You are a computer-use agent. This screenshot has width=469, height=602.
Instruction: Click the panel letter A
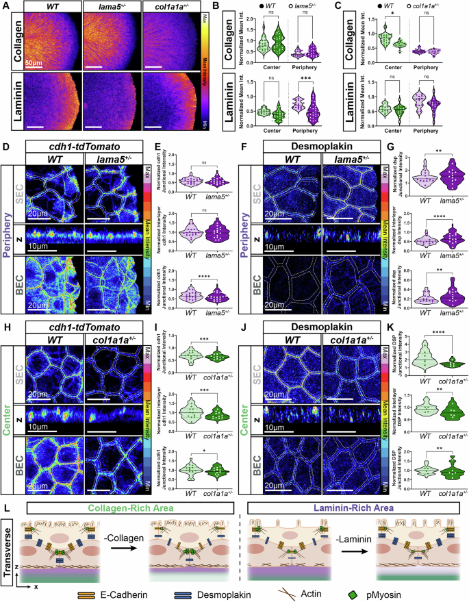pyautogui.click(x=5, y=6)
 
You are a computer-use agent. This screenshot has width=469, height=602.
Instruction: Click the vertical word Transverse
pyautogui.click(x=7, y=538)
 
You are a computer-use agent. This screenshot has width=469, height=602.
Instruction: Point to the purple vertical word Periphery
pyautogui.click(x=7, y=215)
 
